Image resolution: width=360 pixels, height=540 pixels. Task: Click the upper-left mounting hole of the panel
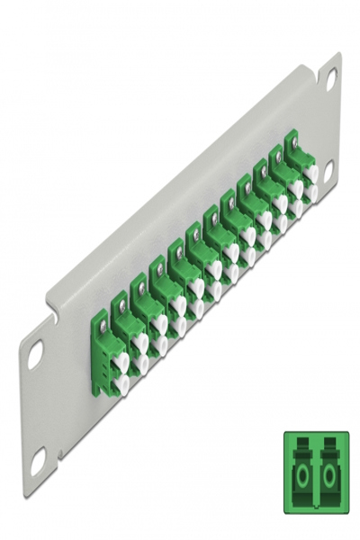click(35, 354)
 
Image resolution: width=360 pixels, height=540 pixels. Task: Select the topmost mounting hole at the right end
click(330, 78)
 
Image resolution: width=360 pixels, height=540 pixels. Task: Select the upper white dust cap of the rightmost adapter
click(310, 172)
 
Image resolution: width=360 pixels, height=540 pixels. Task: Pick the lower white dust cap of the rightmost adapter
click(310, 192)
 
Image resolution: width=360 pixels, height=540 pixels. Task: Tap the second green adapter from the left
click(126, 337)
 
